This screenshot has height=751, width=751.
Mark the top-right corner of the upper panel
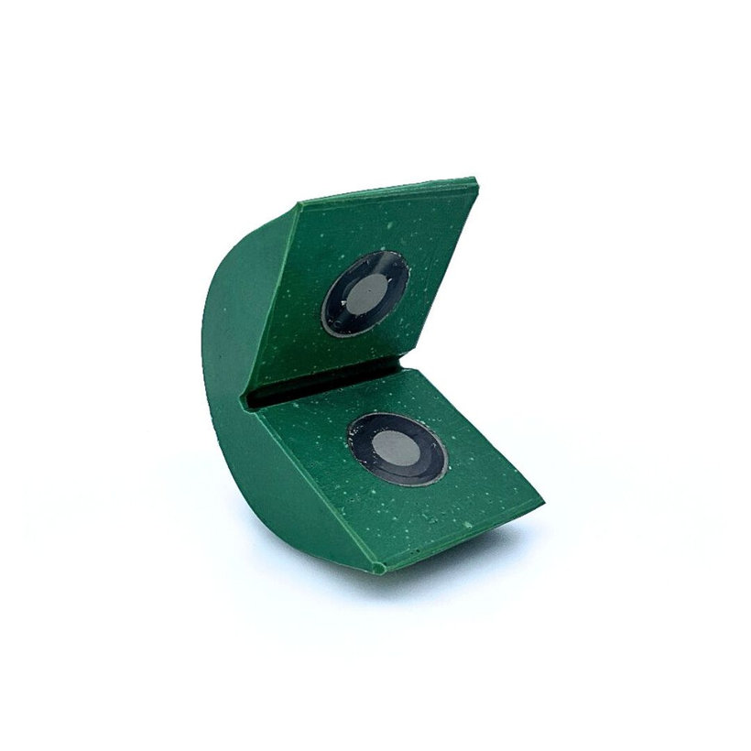coord(475,180)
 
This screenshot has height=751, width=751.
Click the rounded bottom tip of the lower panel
coord(377,568)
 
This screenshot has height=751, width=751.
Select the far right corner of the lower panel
coord(540,502)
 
